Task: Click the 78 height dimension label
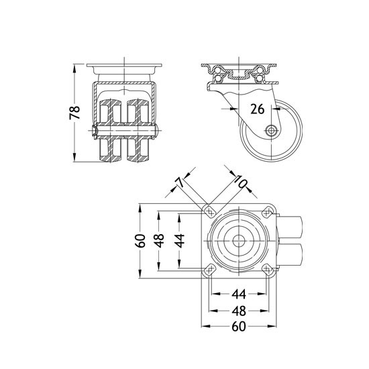tap(75, 113)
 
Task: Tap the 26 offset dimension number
tap(257, 109)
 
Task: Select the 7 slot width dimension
tap(180, 182)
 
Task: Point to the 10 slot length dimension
tap(240, 181)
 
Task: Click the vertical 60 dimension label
tap(140, 241)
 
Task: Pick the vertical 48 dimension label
tap(160, 241)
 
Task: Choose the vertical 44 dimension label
tap(180, 241)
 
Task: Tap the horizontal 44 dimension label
tap(239, 294)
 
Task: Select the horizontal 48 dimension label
tap(239, 311)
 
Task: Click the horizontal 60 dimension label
tap(239, 327)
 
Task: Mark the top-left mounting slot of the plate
tap(210, 212)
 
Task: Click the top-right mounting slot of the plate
tap(267, 212)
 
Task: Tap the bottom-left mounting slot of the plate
tap(210, 270)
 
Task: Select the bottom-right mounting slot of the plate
tap(267, 270)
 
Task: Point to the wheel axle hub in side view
tap(272, 130)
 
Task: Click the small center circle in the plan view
tap(239, 241)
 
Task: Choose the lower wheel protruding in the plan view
tap(289, 256)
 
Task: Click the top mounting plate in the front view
tap(124, 65)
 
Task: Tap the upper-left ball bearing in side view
tap(217, 70)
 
